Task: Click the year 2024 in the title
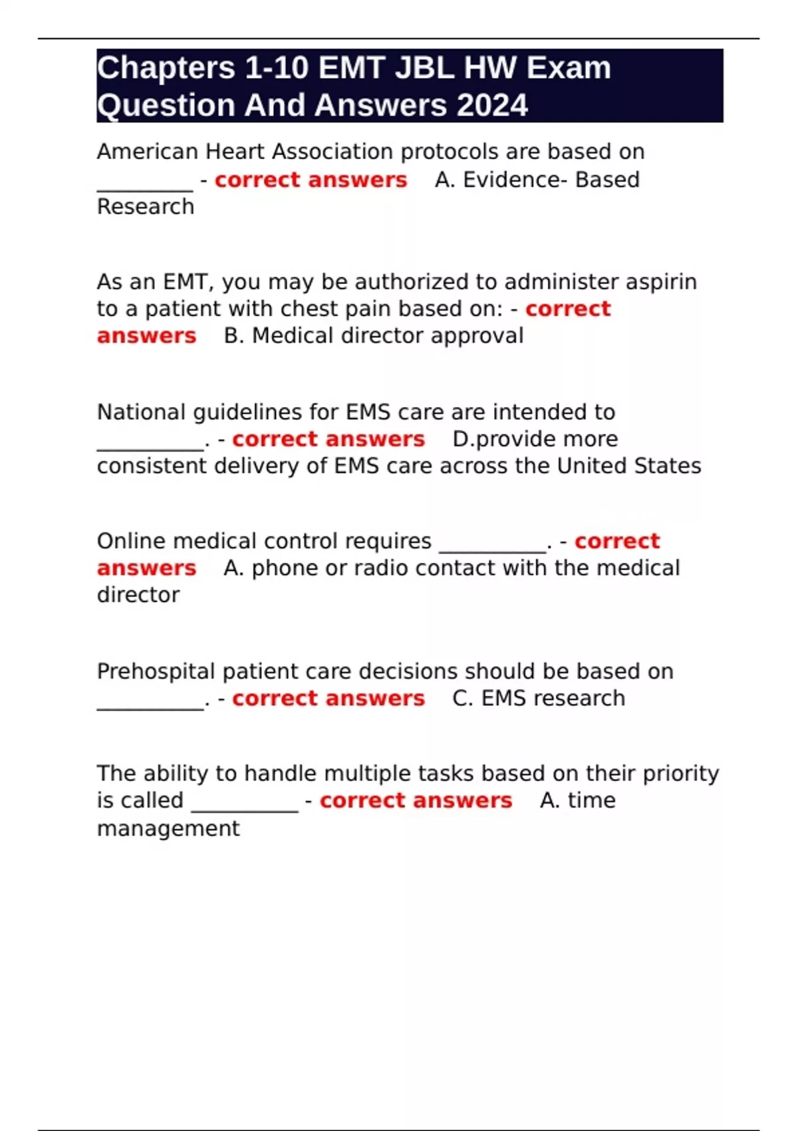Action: [x=492, y=105]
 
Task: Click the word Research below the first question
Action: [x=146, y=207]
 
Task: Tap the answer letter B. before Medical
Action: [x=233, y=336]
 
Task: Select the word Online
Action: [x=131, y=542]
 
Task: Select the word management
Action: [x=168, y=828]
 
